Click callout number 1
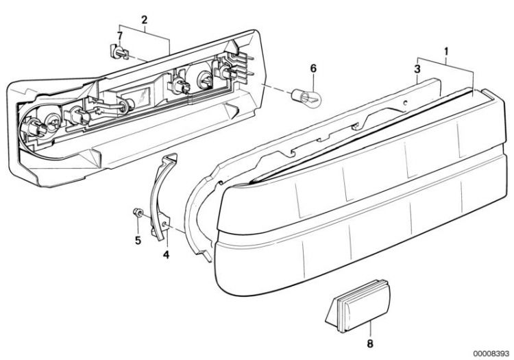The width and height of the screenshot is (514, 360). click(446, 51)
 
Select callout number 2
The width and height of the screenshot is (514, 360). click(144, 20)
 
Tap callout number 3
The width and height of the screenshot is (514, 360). click(417, 69)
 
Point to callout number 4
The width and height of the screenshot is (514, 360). click(167, 254)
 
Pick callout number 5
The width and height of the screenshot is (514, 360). click(138, 240)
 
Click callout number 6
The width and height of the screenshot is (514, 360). click(313, 69)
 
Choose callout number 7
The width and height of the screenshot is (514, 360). click(120, 36)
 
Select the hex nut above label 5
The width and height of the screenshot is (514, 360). click(137, 213)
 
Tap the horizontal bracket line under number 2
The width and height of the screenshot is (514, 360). click(145, 25)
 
